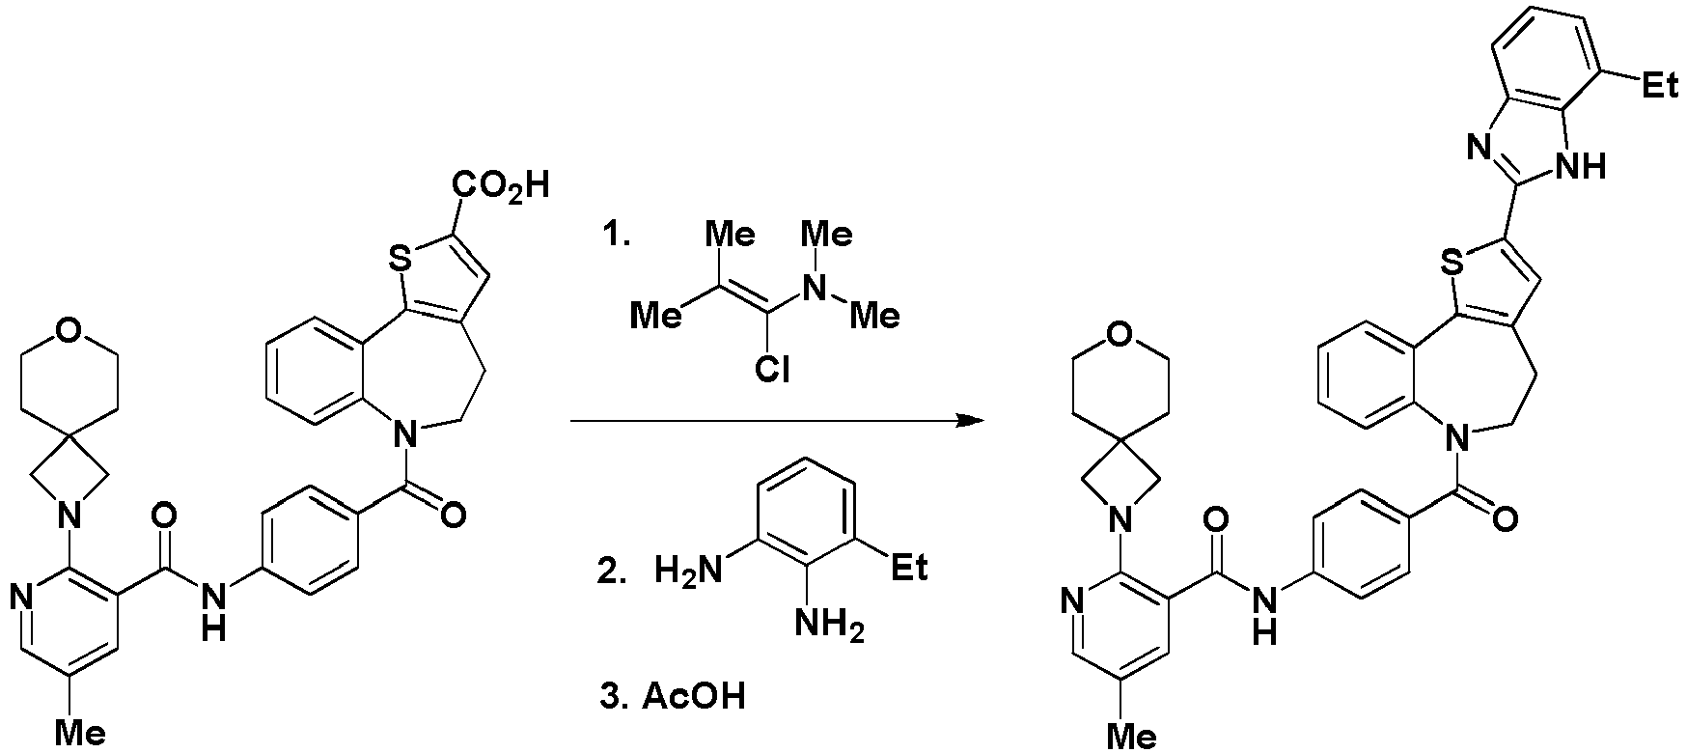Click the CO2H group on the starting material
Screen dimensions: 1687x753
pos(502,184)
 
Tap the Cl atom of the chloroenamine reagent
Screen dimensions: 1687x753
pos(772,370)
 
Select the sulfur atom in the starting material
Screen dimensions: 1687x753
pos(397,257)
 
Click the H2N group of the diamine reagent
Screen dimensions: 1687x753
pos(688,570)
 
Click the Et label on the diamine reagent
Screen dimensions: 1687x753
pos(909,568)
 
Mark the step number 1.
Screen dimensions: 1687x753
pos(615,236)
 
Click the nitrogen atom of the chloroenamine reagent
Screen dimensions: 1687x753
pos(819,287)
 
